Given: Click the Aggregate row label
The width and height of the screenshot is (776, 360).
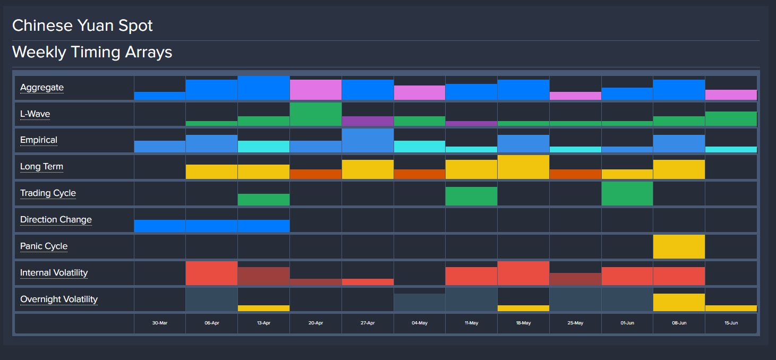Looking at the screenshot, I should pyautogui.click(x=42, y=88).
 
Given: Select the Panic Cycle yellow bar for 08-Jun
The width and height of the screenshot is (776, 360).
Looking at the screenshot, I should pyautogui.click(x=679, y=246).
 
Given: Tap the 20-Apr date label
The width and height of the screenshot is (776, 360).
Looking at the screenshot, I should pyautogui.click(x=315, y=323).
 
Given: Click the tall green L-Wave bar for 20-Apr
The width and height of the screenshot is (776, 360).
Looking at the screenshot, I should pyautogui.click(x=315, y=114).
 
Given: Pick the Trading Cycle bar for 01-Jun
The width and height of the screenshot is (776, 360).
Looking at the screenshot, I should pyautogui.click(x=627, y=193).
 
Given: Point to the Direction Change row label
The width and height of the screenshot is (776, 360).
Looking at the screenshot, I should pyautogui.click(x=56, y=220).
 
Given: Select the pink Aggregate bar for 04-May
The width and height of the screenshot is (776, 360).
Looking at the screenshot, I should pyautogui.click(x=420, y=92).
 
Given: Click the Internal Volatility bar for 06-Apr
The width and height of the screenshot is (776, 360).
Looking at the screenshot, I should pyautogui.click(x=211, y=273).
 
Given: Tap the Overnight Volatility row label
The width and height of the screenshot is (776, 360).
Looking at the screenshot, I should pyautogui.click(x=59, y=299).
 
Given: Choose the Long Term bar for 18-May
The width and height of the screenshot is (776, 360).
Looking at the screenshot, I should pyautogui.click(x=523, y=167).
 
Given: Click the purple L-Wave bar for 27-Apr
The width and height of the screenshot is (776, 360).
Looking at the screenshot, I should pyautogui.click(x=368, y=121).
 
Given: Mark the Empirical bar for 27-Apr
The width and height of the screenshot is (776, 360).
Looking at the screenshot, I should pyautogui.click(x=368, y=141).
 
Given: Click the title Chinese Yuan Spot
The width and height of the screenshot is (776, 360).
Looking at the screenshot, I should pyautogui.click(x=82, y=25).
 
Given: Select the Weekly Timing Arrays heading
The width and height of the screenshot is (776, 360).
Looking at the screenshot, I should pyautogui.click(x=92, y=52).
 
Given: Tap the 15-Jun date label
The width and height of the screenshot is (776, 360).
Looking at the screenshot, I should pyautogui.click(x=731, y=323).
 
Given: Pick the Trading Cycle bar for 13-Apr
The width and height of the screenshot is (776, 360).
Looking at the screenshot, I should pyautogui.click(x=263, y=200).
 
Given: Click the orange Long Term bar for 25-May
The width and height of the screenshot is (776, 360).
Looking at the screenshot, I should pyautogui.click(x=575, y=174).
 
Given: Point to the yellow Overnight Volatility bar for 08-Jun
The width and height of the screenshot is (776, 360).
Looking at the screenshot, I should pyautogui.click(x=679, y=302).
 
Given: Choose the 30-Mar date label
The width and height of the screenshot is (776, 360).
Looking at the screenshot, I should pyautogui.click(x=159, y=323).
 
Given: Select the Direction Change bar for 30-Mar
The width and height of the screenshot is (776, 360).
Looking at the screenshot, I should pyautogui.click(x=159, y=226).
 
